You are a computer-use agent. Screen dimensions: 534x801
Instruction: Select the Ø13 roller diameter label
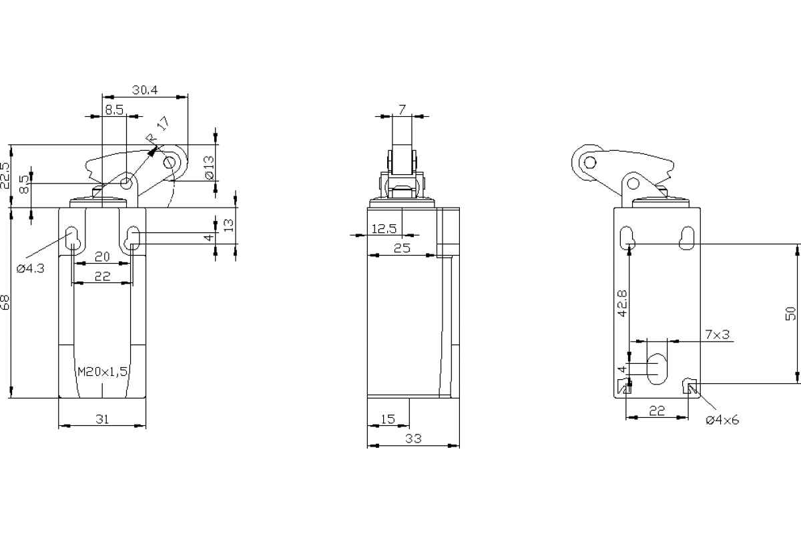[209, 167]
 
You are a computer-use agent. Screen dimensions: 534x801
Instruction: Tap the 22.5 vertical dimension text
[6, 176]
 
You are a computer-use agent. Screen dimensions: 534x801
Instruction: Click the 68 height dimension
[6, 304]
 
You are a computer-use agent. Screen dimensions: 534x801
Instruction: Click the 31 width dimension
[101, 419]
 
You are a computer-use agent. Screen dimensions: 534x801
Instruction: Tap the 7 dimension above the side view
[402, 109]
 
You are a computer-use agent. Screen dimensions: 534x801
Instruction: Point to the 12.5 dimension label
[384, 228]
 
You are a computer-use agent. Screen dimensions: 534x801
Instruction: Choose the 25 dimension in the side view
[402, 248]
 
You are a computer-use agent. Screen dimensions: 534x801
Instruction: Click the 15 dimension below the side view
[387, 419]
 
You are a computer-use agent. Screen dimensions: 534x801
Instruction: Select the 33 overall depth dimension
[414, 439]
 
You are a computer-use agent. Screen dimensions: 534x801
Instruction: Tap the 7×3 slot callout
[717, 334]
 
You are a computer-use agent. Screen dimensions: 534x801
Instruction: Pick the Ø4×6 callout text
[722, 420]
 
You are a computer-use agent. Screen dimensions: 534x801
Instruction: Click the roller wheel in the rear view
[587, 162]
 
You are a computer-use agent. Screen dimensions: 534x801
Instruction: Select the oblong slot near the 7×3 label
[656, 366]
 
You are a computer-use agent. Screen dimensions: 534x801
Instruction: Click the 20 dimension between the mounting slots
[101, 256]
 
